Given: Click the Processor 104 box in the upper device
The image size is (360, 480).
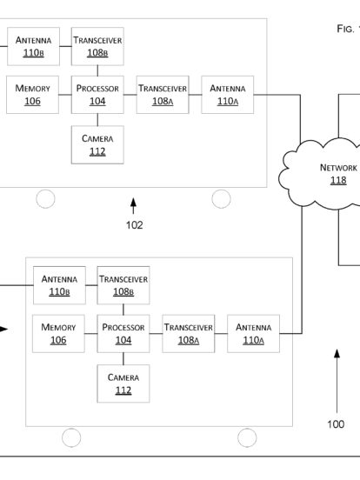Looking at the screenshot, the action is tap(97, 95).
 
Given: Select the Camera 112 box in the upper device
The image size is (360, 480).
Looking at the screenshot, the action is tap(97, 145).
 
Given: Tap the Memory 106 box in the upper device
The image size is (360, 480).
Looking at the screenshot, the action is tap(32, 95).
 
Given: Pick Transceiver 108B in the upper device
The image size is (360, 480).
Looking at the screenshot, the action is tap(97, 46).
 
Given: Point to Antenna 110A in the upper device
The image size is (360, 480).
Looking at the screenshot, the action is tap(228, 95).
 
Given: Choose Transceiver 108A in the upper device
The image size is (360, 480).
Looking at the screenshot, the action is tap(163, 95).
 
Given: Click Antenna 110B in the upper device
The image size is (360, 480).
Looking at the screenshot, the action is tap(33, 46).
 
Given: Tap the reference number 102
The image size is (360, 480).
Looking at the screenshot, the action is tap(135, 225).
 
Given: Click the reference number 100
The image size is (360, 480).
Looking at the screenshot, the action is tap(336, 424).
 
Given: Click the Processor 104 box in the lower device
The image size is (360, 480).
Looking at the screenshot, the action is tap(123, 333).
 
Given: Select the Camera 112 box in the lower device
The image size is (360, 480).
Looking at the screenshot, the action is tap(123, 383).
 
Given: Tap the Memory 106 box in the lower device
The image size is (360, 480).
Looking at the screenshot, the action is tap(58, 333).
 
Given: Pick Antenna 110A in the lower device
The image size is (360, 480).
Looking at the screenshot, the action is tap(253, 333).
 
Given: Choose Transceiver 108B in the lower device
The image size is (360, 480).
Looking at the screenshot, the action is tap(123, 285).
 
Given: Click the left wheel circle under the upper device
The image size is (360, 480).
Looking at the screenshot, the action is tap(45, 198).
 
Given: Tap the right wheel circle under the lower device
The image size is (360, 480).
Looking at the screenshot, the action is tap(247, 437).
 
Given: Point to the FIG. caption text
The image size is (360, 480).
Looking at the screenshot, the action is tap(348, 29).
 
